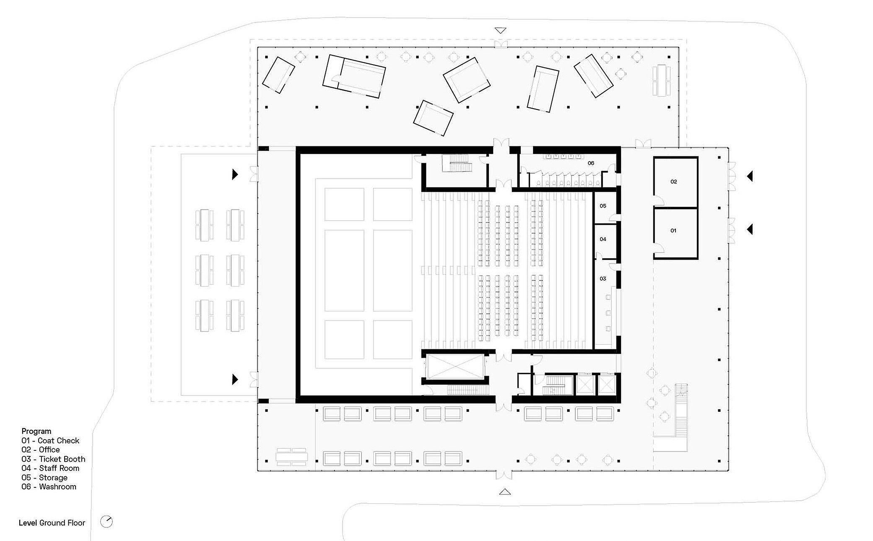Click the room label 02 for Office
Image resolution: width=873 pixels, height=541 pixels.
tap(673, 182)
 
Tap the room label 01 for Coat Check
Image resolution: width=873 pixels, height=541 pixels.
tap(673, 230)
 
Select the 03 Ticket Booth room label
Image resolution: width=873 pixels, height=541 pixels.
tap(603, 278)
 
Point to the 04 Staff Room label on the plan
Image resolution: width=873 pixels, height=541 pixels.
tap(603, 239)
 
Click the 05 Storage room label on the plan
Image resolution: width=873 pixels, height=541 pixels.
tap(603, 206)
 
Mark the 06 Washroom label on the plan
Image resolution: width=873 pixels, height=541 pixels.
tap(591, 163)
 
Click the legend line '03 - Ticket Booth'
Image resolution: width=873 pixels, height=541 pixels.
tap(53, 459)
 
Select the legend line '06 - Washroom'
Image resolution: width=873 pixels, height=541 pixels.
tap(49, 487)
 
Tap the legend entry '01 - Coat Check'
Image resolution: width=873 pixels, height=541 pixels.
tap(50, 441)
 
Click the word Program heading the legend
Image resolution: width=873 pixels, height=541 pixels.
tap(36, 431)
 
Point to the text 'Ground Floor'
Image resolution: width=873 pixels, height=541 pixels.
tap(62, 523)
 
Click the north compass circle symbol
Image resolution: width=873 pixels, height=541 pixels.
tap(107, 522)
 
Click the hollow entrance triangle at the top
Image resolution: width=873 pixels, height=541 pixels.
tap(500, 30)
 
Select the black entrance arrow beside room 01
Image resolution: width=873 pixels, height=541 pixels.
tap(750, 229)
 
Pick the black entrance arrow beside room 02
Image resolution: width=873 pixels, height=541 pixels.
tap(750, 176)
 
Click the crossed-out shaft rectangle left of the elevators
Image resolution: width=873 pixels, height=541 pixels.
tap(455, 367)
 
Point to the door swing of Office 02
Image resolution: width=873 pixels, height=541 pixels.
tap(659, 201)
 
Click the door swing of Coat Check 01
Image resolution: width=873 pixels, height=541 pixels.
tap(659, 249)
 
